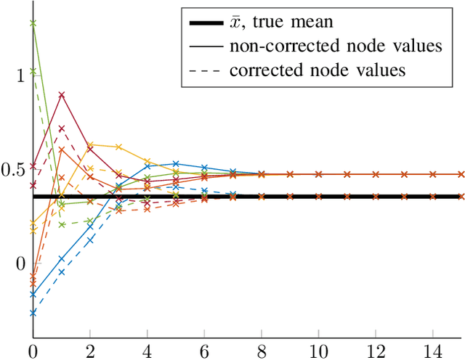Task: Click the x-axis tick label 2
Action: tap(90, 351)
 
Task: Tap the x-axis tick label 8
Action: tap(262, 351)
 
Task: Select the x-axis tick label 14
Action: tap(433, 351)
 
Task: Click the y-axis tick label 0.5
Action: tap(14, 169)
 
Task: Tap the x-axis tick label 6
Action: tap(204, 351)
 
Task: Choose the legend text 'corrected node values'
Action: tap(317, 70)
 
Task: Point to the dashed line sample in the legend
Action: tap(206, 70)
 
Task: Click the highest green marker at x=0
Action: tap(33, 23)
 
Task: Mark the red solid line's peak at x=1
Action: tap(62, 95)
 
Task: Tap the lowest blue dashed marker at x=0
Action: tap(33, 313)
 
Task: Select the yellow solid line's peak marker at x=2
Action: tap(90, 144)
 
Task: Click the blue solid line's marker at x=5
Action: tap(176, 164)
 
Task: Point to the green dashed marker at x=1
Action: tap(62, 225)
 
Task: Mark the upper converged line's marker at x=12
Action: tap(376, 174)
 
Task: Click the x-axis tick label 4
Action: tap(147, 351)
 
